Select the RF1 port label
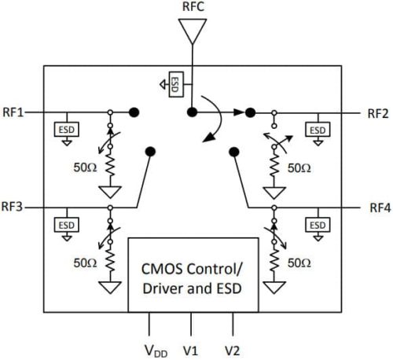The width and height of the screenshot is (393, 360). click(x=13, y=112)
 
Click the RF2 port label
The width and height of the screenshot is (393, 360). click(x=378, y=112)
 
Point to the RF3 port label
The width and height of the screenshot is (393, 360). click(x=13, y=208)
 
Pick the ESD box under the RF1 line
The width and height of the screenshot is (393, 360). click(x=65, y=129)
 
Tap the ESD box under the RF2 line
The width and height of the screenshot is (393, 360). click(x=318, y=129)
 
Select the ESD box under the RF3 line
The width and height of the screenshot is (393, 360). click(x=65, y=225)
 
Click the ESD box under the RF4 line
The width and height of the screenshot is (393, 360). click(x=318, y=225)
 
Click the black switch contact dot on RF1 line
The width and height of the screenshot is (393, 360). click(x=135, y=112)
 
